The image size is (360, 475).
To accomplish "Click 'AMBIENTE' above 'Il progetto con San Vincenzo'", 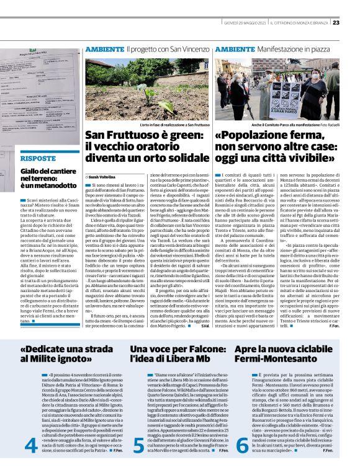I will coord(104,48).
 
